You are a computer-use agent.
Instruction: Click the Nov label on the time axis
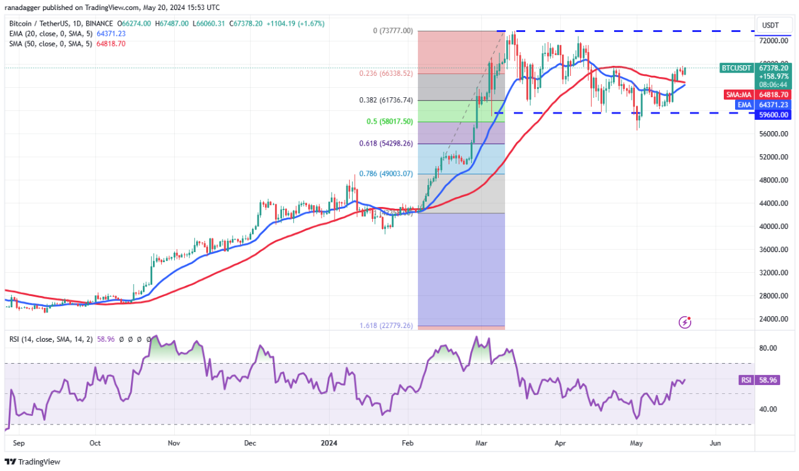pyautogui.click(x=174, y=443)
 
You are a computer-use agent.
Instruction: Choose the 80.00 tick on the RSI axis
pyautogui.click(x=768, y=348)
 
